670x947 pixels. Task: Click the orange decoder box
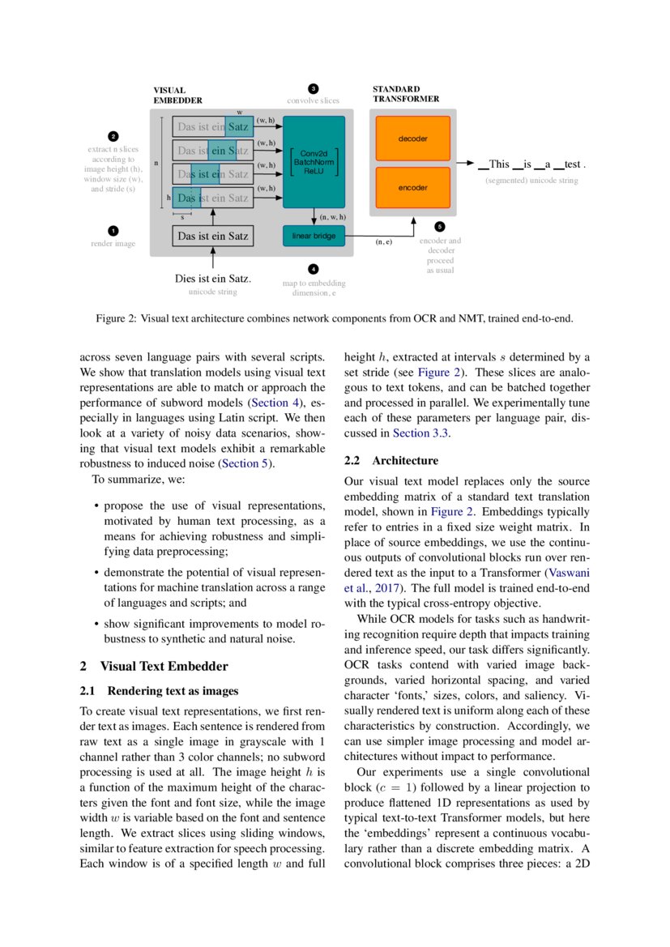[412, 139]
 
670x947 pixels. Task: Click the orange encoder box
[412, 187]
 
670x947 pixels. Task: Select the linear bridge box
[313, 236]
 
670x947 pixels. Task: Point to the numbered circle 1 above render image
[113, 230]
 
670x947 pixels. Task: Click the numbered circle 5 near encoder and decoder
[440, 227]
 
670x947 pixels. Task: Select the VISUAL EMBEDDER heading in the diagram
[177, 96]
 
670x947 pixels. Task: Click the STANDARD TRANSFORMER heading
[406, 93]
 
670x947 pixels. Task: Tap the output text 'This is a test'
[531, 164]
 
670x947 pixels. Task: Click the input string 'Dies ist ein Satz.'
[213, 279]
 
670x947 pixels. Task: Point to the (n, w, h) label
[332, 217]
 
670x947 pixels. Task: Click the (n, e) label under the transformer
[384, 241]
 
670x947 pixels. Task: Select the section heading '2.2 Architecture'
[391, 461]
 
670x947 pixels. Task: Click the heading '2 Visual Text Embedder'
[154, 666]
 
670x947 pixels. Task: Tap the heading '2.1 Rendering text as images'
[160, 691]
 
